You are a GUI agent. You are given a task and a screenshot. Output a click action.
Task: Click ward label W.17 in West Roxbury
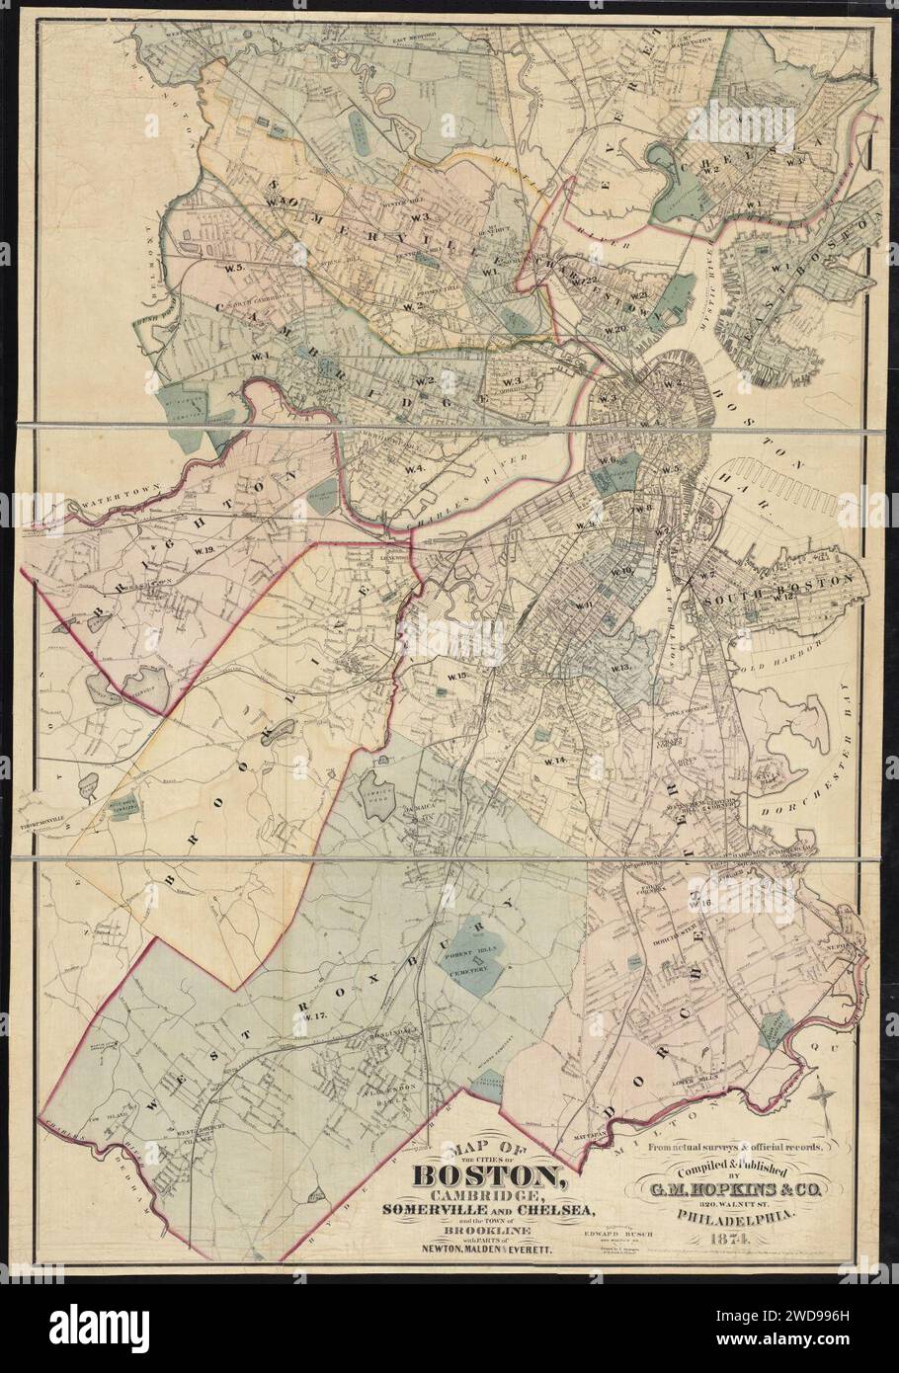tap(314, 1016)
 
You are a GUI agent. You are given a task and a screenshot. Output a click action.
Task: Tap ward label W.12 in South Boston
tap(784, 597)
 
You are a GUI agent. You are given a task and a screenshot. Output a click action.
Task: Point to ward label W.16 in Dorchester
tap(703, 904)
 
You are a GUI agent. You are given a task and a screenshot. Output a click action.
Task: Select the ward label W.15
tap(455, 676)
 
